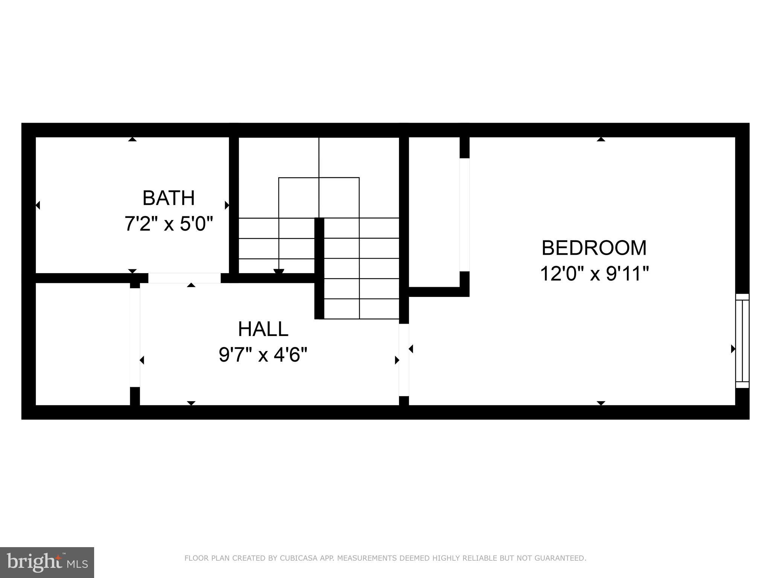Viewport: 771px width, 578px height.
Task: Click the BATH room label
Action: (x=168, y=198)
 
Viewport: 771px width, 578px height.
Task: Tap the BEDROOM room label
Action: (x=594, y=248)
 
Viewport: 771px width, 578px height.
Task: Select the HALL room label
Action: (x=263, y=329)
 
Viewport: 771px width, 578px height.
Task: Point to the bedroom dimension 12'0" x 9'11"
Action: (x=594, y=274)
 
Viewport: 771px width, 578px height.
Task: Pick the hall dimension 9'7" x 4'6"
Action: (x=263, y=354)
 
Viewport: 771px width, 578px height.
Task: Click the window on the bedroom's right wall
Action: (x=742, y=341)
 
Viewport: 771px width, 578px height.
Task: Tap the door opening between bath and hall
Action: (x=184, y=278)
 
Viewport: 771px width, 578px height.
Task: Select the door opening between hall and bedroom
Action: (x=404, y=359)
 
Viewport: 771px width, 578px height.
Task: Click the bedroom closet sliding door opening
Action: (x=465, y=214)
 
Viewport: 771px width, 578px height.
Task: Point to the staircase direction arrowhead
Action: (x=279, y=272)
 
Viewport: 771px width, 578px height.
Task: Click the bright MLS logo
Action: (x=47, y=562)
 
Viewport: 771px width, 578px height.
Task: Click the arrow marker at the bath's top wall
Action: (x=132, y=139)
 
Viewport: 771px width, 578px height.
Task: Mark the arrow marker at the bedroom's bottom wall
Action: (x=601, y=403)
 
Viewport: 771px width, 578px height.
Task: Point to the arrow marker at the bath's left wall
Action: (x=38, y=205)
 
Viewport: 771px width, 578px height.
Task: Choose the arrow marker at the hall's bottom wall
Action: (x=191, y=403)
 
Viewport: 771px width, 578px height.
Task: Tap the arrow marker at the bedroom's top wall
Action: (x=601, y=139)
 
